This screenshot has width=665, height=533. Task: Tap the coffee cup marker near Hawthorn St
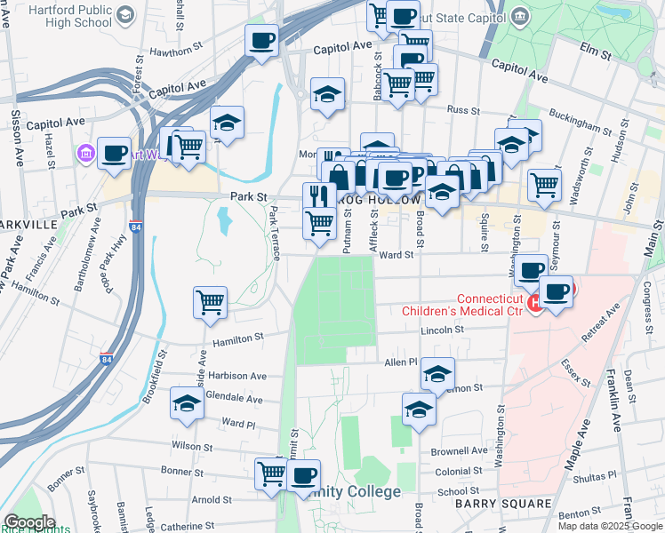tap(262, 41)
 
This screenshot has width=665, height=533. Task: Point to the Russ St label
tap(462, 111)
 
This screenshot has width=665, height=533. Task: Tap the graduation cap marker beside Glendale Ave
tap(187, 404)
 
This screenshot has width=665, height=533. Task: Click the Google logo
tap(28, 522)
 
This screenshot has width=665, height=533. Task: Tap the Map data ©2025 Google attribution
tap(609, 526)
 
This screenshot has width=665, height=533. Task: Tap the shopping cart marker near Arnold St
tap(270, 473)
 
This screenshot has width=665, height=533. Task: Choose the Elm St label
tap(596, 54)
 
